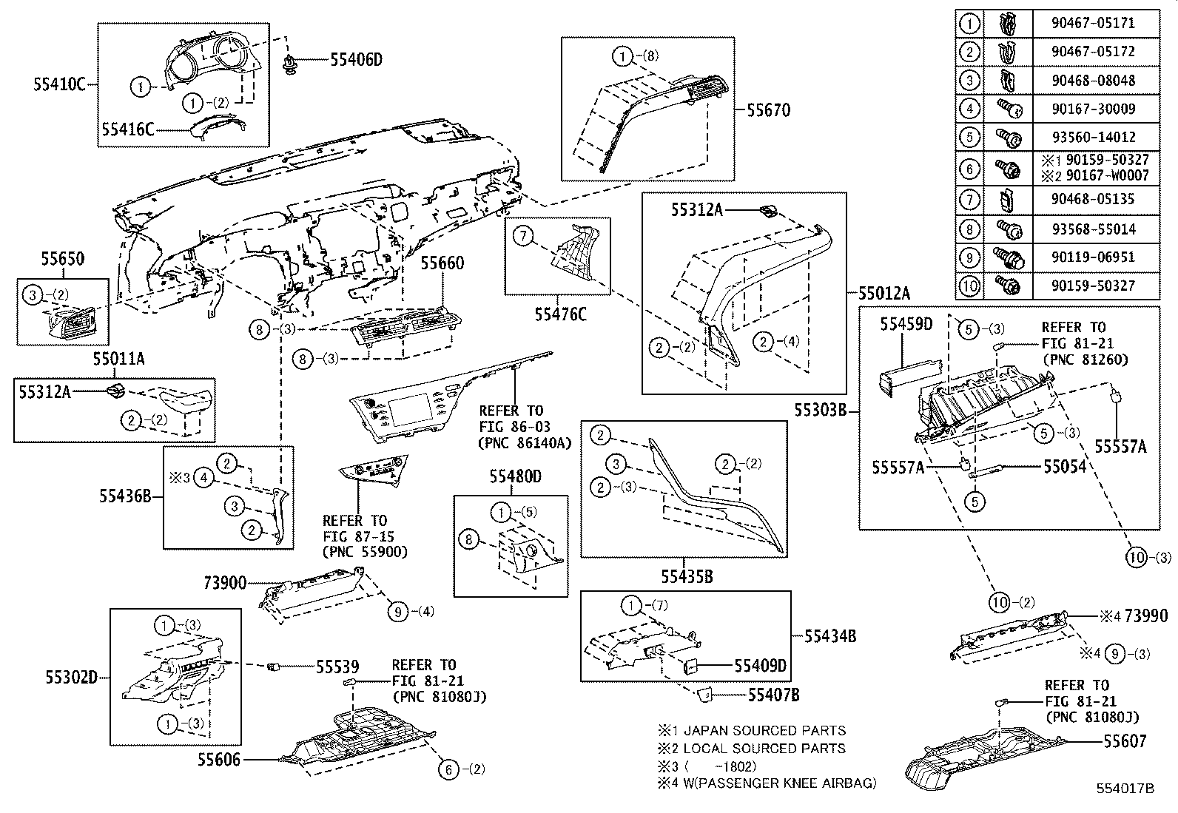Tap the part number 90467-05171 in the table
click(1092, 23)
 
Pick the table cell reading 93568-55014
click(1092, 229)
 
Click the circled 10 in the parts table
click(969, 286)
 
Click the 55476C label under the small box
click(560, 315)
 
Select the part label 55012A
click(883, 293)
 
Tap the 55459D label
click(906, 323)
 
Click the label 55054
click(1065, 466)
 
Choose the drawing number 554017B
click(1125, 789)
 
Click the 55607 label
click(1124, 741)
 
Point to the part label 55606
click(219, 760)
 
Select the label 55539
click(337, 667)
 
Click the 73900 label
click(225, 584)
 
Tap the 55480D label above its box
click(514, 478)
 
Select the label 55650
click(62, 260)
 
